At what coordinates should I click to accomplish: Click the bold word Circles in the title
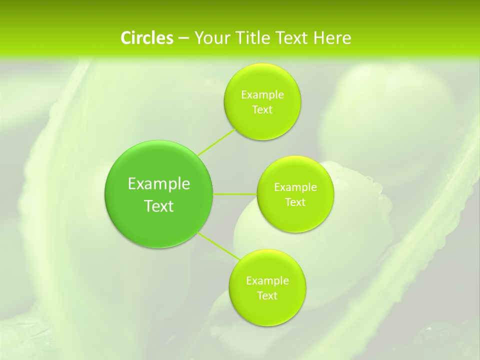click(146, 38)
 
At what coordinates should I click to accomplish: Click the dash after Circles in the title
click(183, 38)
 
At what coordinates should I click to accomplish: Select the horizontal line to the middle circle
click(235, 194)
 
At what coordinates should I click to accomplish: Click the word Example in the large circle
click(159, 184)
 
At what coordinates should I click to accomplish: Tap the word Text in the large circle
click(159, 206)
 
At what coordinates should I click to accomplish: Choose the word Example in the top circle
click(262, 95)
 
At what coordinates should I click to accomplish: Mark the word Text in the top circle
click(262, 110)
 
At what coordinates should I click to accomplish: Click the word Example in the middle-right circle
click(295, 187)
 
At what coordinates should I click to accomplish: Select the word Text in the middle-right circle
click(295, 202)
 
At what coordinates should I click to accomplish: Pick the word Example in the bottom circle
click(267, 281)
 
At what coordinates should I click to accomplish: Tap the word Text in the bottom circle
click(267, 296)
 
